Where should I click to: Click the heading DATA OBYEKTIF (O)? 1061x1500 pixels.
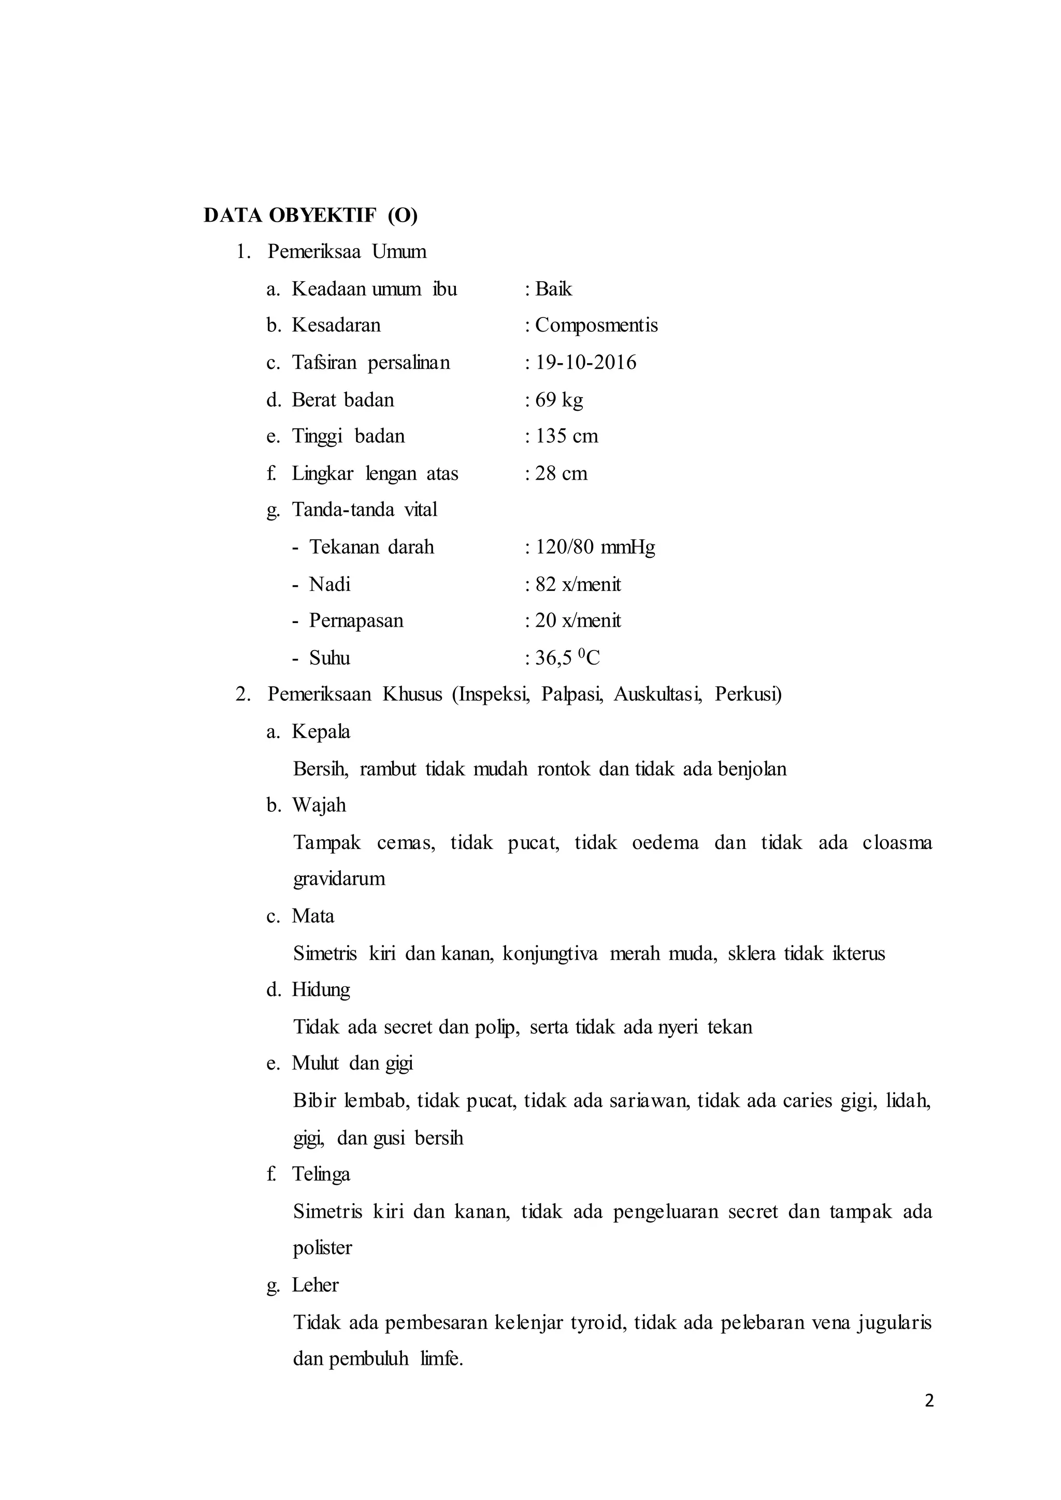[310, 215]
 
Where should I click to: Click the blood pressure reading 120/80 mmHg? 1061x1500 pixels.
[595, 547]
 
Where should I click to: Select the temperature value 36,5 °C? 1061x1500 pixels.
[567, 658]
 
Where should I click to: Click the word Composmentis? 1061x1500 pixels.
[596, 325]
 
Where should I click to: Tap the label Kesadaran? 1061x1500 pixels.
[336, 325]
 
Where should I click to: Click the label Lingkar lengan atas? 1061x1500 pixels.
[375, 473]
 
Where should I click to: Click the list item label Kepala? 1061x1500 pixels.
[321, 732]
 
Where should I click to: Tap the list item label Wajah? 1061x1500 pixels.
[319, 805]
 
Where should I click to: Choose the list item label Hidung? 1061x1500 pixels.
[321, 990]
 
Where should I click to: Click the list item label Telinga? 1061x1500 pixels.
[321, 1175]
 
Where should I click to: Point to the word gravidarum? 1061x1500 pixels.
[339, 878]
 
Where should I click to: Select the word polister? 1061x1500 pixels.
[322, 1248]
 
